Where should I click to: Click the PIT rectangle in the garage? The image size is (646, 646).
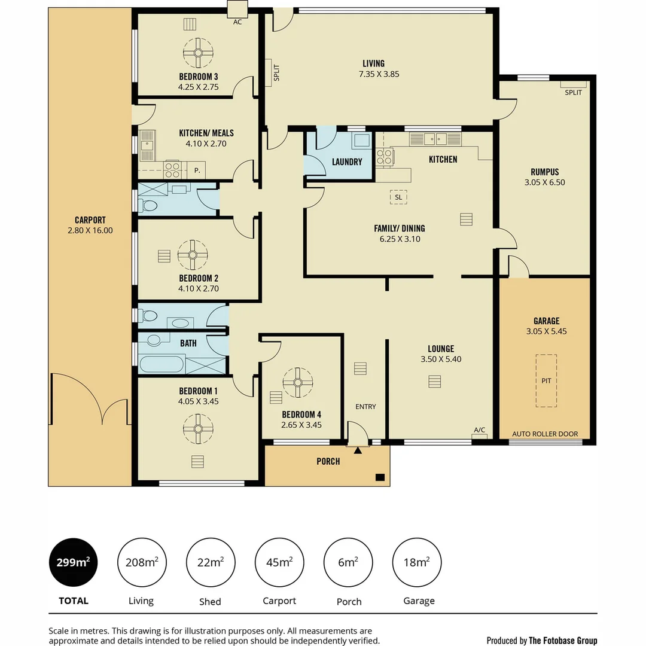point(546,380)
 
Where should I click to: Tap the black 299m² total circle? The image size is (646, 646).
point(74,562)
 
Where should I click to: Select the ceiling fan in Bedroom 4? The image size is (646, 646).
point(297,383)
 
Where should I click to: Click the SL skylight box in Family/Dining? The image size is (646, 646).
point(398,197)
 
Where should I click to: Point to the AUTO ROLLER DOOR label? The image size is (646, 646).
point(545,434)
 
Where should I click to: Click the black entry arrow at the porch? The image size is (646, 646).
point(358,450)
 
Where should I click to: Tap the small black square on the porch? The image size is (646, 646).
point(379,477)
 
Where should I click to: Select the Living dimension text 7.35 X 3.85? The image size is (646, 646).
point(379,75)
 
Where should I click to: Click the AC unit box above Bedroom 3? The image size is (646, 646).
point(237,10)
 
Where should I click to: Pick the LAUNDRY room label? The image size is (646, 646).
point(347,162)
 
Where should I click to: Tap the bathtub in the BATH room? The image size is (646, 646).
point(161,364)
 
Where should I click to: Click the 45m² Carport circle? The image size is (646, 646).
point(279,562)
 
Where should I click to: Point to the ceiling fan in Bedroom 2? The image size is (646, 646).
point(193,255)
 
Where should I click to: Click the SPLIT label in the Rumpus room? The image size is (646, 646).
point(572,92)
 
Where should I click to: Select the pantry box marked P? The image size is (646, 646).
point(197,171)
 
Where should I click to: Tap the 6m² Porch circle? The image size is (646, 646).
point(349,562)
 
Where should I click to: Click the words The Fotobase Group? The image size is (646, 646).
point(562,641)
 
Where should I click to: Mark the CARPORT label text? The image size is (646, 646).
point(90,220)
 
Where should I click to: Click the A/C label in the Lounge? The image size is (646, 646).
point(479,430)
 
